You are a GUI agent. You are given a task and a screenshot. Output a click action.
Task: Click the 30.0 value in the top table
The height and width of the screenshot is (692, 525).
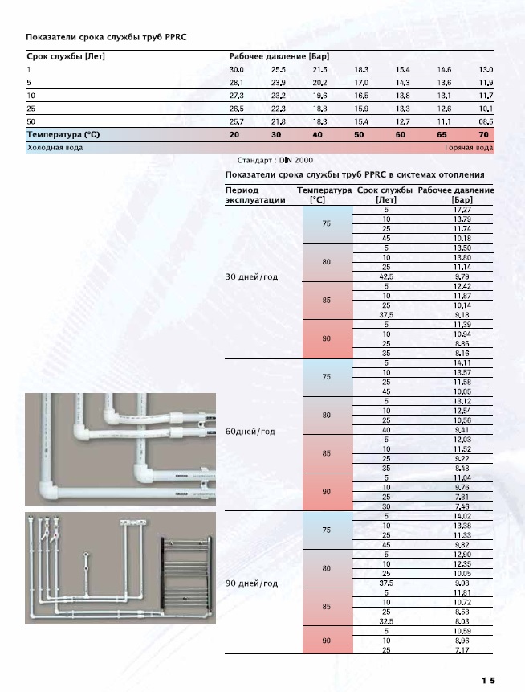coord(236,71)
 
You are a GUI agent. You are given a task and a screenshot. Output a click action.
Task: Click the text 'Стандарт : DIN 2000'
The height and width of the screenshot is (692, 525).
coord(275,161)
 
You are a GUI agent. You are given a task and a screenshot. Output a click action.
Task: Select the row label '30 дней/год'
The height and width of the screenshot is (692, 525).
coord(252,276)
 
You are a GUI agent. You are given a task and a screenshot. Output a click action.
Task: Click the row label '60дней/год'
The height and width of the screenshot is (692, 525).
coord(250,432)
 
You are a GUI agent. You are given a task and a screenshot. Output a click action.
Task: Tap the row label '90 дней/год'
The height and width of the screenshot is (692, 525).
coord(252,583)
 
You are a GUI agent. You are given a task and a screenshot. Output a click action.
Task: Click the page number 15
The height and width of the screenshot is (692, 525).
coord(488,680)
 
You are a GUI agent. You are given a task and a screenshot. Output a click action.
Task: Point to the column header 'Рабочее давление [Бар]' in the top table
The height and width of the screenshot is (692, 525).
coord(279,56)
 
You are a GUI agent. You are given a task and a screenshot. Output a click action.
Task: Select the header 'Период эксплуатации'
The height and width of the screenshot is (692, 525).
coord(255,195)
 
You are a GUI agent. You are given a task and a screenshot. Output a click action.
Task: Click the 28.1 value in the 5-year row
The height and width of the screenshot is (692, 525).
coord(236,83)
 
